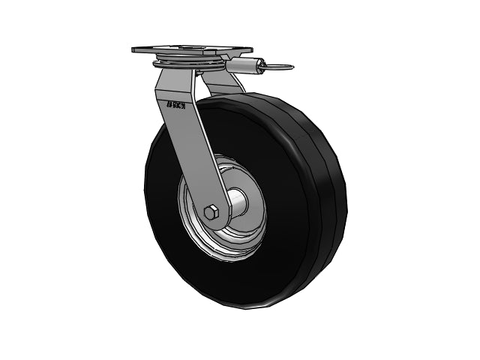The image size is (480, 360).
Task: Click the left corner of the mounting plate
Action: click(x=134, y=49)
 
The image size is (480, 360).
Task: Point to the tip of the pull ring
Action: click(x=292, y=67)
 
